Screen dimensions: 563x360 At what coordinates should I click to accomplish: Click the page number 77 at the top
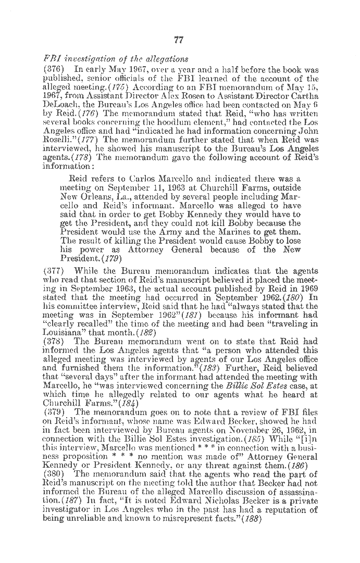pyautogui.click(x=179, y=41)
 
